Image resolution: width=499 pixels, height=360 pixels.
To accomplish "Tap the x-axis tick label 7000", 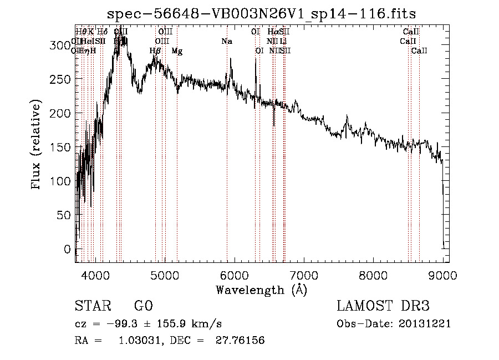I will point(304,275).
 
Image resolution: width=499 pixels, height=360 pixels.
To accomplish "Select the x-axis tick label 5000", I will point(165,275).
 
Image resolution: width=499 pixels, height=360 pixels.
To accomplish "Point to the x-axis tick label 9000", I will point(442,275).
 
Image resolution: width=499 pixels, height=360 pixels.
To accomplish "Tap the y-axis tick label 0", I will point(68,249).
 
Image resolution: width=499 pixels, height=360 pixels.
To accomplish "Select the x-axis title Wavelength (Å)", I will point(261,290).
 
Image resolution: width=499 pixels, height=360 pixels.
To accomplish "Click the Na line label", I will point(226,41).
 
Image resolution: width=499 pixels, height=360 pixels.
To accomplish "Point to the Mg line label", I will point(176,51).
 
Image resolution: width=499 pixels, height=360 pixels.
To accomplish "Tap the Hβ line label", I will point(155,51).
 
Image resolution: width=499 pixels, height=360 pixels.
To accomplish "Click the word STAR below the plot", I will point(93,307).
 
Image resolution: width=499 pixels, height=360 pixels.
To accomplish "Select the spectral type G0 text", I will point(143,307).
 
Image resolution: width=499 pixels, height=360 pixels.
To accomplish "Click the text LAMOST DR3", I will point(383,307).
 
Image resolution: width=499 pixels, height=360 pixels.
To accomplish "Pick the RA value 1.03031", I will point(138,341).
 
